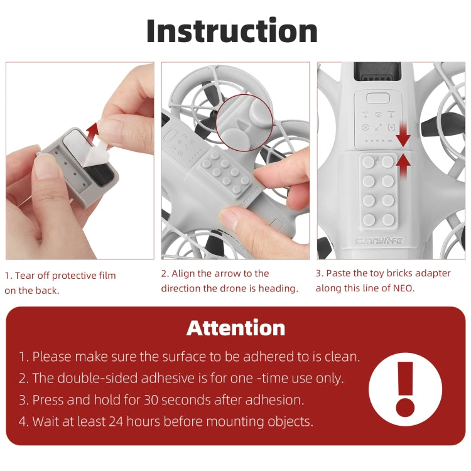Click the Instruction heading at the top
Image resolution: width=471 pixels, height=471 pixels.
click(232, 31)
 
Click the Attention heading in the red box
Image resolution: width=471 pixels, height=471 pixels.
click(235, 327)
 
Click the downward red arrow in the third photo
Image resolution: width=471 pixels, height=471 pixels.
click(403, 134)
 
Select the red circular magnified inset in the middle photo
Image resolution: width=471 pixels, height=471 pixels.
click(244, 122)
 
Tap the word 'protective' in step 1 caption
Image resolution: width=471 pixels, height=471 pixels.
click(69, 276)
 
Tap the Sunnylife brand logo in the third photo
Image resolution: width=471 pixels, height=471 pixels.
click(381, 241)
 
